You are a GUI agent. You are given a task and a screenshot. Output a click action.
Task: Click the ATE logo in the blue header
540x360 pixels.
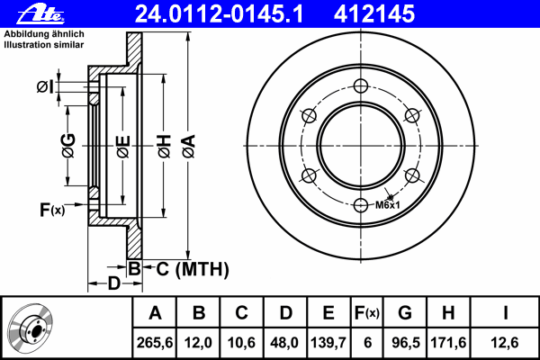point(40,13)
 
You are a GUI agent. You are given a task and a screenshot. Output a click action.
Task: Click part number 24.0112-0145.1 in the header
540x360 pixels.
point(219,13)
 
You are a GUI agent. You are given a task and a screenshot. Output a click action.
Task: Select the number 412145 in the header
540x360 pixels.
point(374,13)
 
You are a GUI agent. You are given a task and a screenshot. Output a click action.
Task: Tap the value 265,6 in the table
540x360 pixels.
point(155,343)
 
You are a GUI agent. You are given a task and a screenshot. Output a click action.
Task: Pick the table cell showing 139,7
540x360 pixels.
point(328,343)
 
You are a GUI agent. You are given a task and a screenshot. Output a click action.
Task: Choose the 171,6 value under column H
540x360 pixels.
point(448,343)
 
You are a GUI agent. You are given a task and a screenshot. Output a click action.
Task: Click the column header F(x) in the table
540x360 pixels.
point(367,313)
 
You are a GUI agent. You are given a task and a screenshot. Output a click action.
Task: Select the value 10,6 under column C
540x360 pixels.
point(241,343)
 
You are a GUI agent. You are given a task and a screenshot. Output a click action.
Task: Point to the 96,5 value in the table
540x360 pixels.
point(406,343)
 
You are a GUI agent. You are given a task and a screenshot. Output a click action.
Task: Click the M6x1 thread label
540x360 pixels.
point(387,205)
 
